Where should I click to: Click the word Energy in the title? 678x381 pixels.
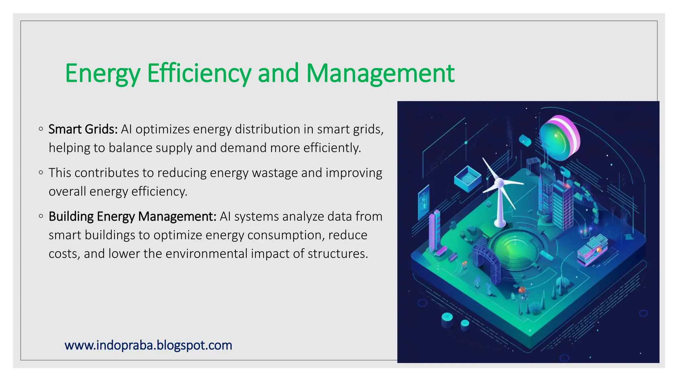(x=103, y=73)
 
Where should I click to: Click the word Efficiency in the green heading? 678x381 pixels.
(x=199, y=73)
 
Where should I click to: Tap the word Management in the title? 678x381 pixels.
(x=380, y=73)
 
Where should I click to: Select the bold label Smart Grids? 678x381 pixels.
(x=83, y=129)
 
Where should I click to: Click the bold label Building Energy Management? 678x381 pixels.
(x=132, y=217)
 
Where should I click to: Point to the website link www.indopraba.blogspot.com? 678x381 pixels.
(x=148, y=345)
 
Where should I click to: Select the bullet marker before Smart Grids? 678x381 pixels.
(x=41, y=129)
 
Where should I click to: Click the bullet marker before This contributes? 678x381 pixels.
(x=41, y=173)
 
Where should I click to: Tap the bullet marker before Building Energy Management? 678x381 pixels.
(x=41, y=216)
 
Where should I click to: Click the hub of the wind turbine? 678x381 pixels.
(x=499, y=182)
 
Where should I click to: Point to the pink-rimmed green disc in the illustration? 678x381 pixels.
(x=559, y=138)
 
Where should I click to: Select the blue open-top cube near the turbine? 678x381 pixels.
(x=467, y=179)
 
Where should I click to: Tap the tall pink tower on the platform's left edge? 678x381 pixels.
(x=434, y=232)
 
